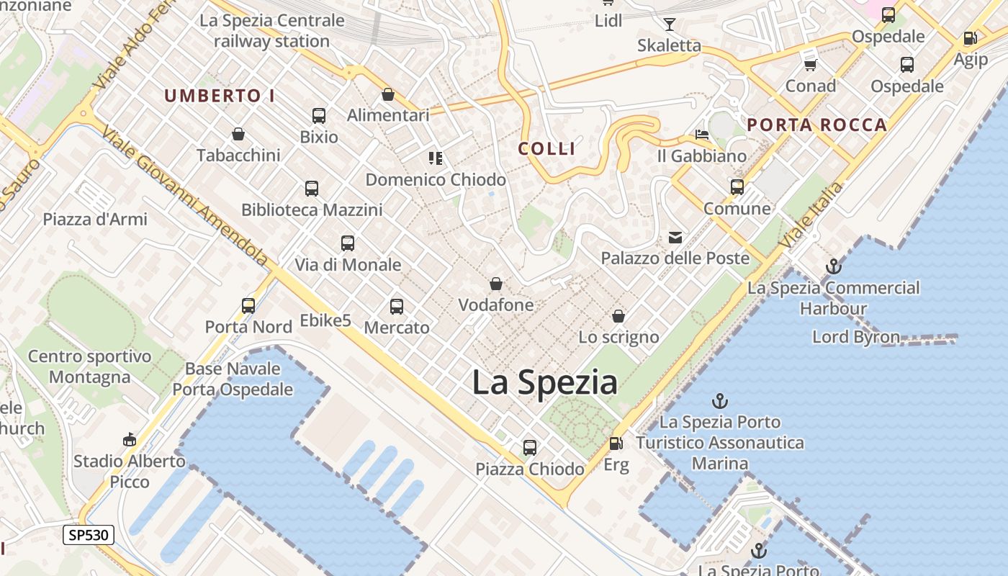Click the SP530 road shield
[89, 535]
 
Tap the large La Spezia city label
[544, 382]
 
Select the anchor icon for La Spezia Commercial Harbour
[833, 266]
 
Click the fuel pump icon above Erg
[616, 444]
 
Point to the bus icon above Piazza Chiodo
[530, 447]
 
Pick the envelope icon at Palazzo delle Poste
[675, 237]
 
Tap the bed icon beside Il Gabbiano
[702, 135]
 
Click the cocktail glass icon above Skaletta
[670, 24]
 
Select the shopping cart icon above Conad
[811, 65]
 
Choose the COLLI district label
[547, 149]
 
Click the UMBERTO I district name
[220, 96]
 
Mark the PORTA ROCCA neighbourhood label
[816, 125]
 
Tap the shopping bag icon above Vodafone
[496, 284]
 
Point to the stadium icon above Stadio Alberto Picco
[130, 439]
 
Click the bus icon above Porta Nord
[248, 305]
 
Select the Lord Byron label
[856, 337]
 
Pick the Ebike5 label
[325, 320]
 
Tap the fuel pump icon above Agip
[971, 38]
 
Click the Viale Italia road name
[811, 215]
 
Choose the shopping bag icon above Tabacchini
[238, 134]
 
